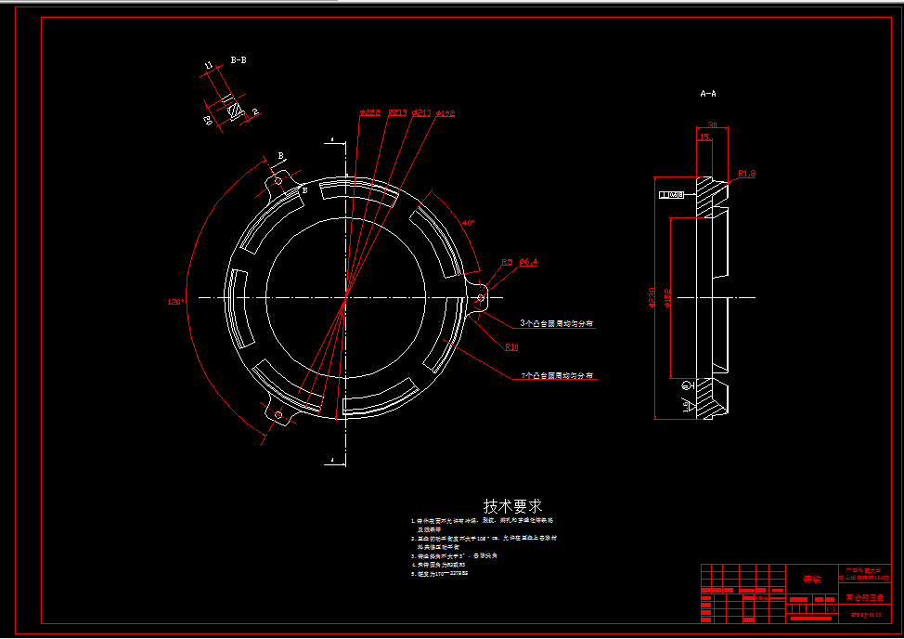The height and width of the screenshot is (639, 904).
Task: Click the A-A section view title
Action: [x=707, y=94]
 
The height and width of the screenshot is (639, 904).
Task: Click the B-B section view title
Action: [x=238, y=59]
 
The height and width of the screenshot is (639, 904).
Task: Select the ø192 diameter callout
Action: [x=445, y=113]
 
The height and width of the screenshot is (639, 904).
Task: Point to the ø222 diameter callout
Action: [x=370, y=113]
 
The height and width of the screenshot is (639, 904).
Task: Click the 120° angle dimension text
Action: [x=175, y=301]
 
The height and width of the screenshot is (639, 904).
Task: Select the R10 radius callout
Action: [x=511, y=346]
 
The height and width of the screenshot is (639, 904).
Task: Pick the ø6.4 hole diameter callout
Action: [x=528, y=263]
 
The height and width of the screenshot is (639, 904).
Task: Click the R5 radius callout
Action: [x=507, y=263]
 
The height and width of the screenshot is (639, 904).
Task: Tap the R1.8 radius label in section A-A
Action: [x=747, y=174]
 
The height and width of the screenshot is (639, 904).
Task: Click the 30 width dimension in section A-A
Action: [x=712, y=124]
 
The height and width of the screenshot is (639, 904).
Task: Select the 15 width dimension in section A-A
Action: [x=704, y=137]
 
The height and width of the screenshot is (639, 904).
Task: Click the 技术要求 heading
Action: [x=513, y=506]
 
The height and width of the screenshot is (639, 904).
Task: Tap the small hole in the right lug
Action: [x=480, y=298]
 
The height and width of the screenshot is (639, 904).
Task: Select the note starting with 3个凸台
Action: [x=557, y=323]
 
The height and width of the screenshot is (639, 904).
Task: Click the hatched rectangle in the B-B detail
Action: [x=235, y=111]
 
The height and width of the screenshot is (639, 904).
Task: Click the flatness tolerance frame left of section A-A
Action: [x=670, y=195]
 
